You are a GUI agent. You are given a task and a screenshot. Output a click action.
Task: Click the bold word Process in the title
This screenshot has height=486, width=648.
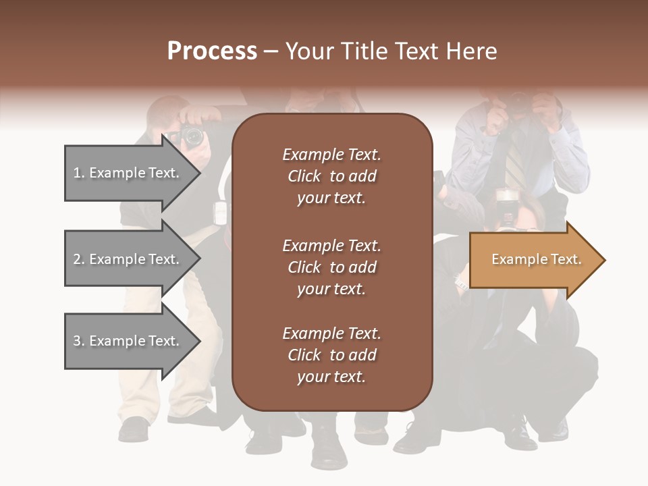pos(212,51)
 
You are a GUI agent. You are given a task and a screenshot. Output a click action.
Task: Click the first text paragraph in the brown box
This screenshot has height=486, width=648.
pos(331,176)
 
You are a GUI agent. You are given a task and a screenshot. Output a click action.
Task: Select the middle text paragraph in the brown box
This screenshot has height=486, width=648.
pos(331,267)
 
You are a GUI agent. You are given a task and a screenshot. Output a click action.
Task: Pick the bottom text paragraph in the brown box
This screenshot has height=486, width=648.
pos(331,355)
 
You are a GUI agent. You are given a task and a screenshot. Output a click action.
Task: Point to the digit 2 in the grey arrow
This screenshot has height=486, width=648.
pos(77,259)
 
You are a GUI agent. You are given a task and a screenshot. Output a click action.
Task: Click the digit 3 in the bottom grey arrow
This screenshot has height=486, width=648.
pos(77,341)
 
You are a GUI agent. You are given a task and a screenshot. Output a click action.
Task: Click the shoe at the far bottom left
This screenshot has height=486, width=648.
pos(134,429)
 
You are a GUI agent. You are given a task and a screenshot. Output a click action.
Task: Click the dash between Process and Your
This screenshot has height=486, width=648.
pos(271,51)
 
